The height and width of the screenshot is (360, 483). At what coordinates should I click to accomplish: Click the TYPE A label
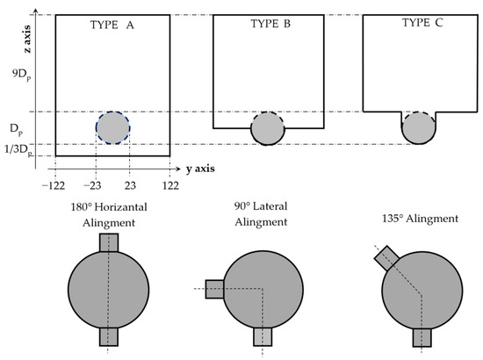112,25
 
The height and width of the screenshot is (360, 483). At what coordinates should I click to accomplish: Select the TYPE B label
270,24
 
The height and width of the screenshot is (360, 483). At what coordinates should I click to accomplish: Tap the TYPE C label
422,23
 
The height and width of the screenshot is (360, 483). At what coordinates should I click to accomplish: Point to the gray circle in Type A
112,128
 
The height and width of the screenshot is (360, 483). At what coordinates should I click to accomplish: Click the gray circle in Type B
268,128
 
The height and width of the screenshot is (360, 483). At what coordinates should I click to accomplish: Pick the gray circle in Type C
419,128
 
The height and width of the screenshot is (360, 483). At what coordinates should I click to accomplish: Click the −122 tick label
54,185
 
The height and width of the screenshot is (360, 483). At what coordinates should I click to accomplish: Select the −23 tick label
92,185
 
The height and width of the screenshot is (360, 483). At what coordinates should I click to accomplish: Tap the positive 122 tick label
170,185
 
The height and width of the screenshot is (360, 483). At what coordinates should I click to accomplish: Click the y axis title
200,169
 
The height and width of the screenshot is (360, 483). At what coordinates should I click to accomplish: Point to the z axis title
28,40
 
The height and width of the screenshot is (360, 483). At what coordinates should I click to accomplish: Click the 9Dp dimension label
22,76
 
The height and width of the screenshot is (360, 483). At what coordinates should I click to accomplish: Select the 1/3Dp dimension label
18,151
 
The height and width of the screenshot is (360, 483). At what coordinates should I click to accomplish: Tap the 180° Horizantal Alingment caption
109,214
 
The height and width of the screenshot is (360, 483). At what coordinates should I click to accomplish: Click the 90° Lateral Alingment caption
261,214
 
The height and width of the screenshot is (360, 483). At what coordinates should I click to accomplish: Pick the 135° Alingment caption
420,219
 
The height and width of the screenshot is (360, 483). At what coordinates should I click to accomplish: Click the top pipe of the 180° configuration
109,242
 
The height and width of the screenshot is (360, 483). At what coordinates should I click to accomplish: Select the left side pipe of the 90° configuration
214,289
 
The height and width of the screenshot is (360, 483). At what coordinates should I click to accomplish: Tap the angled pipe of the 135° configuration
386,258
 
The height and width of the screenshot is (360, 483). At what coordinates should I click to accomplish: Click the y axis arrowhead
178,169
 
